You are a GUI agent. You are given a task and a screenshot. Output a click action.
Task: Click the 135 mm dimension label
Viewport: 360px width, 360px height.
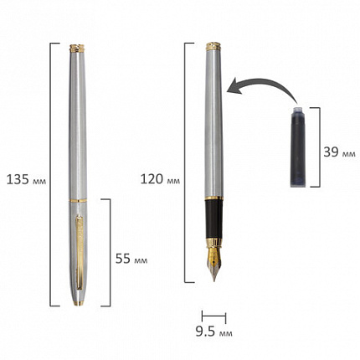[x=26, y=179]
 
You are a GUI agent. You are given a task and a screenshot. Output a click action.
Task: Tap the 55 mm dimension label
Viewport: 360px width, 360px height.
[x=131, y=259]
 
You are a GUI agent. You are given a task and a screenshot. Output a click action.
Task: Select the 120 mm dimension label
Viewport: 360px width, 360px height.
[x=160, y=179]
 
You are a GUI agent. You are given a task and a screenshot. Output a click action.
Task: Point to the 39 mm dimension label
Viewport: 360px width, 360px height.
[x=339, y=152]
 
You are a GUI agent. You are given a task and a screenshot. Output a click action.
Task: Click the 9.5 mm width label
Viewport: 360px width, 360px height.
[x=213, y=332]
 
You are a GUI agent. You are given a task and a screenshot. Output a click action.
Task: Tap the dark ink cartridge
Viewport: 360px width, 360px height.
[x=298, y=147]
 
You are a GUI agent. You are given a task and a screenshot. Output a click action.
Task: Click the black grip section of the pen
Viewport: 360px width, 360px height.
[x=213, y=219]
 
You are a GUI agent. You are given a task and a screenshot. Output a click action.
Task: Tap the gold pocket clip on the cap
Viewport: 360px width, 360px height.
[x=80, y=253]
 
